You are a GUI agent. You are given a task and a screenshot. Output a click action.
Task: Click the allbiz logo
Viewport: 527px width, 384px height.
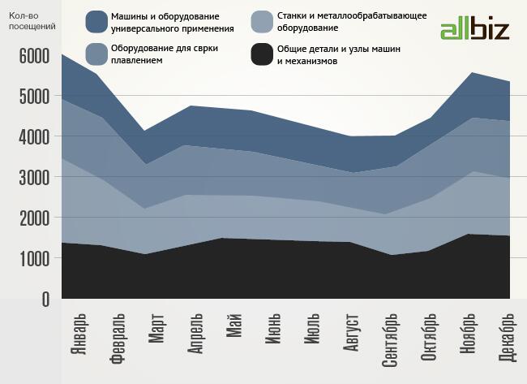[x=474, y=30]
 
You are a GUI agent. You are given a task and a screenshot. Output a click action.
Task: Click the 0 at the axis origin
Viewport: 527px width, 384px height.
[x=44, y=300]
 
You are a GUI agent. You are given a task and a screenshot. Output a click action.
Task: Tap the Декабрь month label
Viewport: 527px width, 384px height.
[x=506, y=339]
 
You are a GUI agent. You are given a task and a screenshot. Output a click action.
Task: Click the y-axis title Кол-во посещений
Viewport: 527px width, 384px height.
[x=32, y=21]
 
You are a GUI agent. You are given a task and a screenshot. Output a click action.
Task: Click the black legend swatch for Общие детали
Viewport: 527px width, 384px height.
[x=260, y=54]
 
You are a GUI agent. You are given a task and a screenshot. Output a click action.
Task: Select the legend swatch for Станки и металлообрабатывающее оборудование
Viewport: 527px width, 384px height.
[x=260, y=21]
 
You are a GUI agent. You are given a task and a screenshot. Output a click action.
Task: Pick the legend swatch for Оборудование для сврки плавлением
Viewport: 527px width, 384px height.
[x=96, y=54]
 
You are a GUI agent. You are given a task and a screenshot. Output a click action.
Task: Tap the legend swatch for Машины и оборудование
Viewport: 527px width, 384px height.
[x=96, y=21]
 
